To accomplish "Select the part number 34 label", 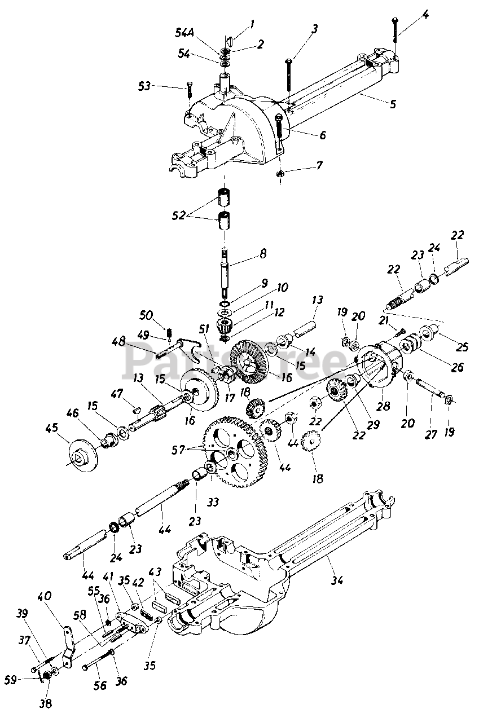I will (337, 579).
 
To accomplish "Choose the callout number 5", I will (393, 104).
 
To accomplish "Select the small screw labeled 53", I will (188, 93).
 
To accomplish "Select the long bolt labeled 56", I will (99, 660).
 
